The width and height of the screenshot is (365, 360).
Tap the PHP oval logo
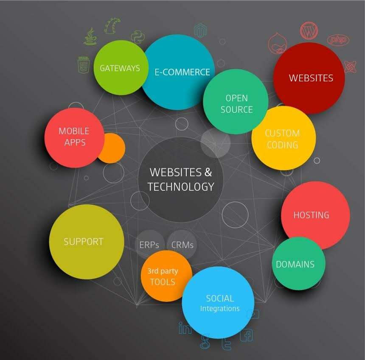click(x=339, y=40)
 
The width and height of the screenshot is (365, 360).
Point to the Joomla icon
click(x=350, y=67)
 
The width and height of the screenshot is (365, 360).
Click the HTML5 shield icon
click(x=83, y=65)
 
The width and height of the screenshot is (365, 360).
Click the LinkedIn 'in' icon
click(x=185, y=328)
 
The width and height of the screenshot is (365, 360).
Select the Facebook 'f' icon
click(x=246, y=335)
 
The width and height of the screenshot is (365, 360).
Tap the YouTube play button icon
click(x=253, y=314)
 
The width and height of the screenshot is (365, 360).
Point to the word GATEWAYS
click(x=120, y=68)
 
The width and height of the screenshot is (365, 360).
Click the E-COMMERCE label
click(x=182, y=72)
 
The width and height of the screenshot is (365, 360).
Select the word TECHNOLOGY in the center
click(x=181, y=186)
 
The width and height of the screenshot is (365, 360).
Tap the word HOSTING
click(x=311, y=215)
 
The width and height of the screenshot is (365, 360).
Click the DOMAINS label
click(x=295, y=264)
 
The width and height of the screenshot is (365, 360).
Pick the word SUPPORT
click(x=84, y=242)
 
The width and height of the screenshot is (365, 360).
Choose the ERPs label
click(x=149, y=245)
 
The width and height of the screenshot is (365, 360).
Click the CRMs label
click(x=182, y=245)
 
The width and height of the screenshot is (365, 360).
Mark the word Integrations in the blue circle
click(x=220, y=309)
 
